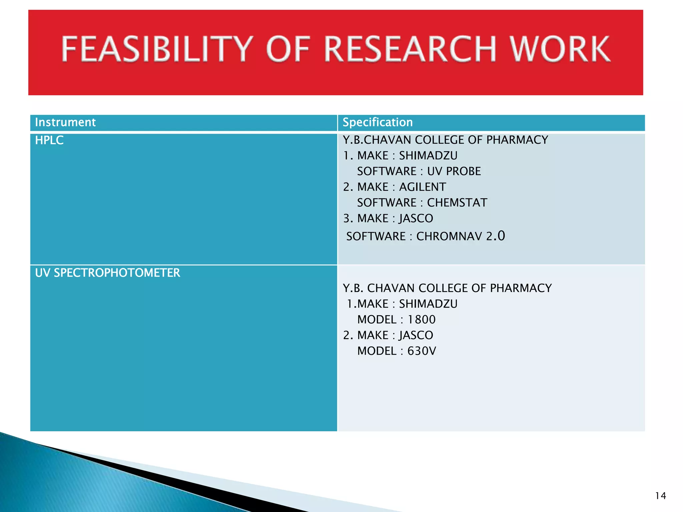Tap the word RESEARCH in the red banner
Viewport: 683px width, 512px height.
click(410, 49)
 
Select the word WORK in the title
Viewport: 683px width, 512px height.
click(560, 49)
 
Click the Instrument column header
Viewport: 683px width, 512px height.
click(65, 122)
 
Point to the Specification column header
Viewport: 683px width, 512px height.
click(378, 122)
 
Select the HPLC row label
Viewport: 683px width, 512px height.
click(49, 140)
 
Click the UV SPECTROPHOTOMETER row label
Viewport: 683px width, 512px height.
click(107, 273)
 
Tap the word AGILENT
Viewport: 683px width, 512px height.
click(422, 187)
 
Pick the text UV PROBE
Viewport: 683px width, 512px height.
click(454, 171)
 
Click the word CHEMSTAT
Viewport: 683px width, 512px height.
click(457, 203)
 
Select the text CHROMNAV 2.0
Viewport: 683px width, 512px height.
click(461, 236)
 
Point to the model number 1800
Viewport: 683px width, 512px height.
click(422, 320)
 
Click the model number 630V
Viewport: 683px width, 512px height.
click(422, 351)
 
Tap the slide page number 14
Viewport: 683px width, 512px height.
click(660, 496)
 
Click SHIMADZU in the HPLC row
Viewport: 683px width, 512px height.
click(428, 156)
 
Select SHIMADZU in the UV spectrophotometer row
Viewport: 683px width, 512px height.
click(428, 304)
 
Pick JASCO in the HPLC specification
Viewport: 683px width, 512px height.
click(416, 218)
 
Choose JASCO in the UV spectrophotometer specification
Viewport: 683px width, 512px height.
click(416, 335)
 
